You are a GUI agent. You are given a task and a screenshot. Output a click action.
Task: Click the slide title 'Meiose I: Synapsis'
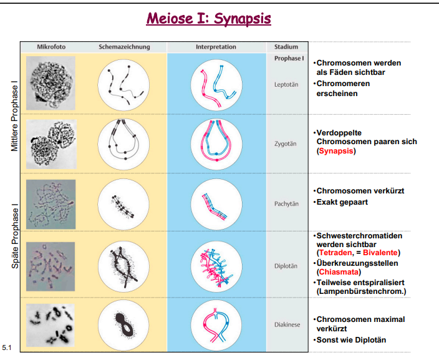(x=208, y=18)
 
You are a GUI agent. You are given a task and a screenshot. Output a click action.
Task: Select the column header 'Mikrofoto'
(x=51, y=47)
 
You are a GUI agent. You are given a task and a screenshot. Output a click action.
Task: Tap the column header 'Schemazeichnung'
(x=124, y=47)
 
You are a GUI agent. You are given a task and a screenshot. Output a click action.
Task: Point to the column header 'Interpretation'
(x=216, y=47)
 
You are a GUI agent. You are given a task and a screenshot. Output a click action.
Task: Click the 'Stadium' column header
(x=286, y=47)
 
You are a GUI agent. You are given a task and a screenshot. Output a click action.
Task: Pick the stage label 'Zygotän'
(x=286, y=143)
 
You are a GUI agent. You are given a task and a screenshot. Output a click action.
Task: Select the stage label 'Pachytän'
(x=286, y=203)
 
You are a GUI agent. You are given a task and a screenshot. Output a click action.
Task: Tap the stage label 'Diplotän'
(x=286, y=265)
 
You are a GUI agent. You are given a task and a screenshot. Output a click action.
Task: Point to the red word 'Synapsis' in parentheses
(x=336, y=151)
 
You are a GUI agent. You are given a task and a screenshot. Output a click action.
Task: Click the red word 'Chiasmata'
(x=337, y=272)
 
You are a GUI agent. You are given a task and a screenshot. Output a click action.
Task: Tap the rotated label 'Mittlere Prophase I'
(x=14, y=112)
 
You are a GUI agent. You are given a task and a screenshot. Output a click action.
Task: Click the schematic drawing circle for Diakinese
(x=123, y=324)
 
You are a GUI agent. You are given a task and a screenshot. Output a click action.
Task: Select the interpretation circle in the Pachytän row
(x=216, y=203)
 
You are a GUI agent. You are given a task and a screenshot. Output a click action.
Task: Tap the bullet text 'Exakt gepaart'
(x=344, y=203)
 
